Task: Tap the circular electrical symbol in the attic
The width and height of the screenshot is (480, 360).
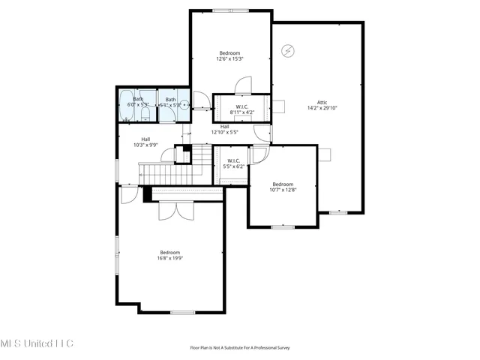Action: (287, 51)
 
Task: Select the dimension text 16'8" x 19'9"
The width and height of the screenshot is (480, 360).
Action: (170, 258)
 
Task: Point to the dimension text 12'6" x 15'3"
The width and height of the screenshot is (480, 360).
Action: (229, 58)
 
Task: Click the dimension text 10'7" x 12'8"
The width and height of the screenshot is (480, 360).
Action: (283, 190)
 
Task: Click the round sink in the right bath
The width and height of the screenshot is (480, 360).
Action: (184, 106)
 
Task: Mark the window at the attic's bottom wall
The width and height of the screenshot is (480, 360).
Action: (338, 213)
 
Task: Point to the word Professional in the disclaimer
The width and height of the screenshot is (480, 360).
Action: (262, 347)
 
